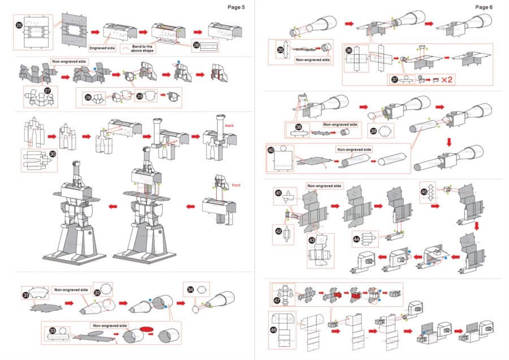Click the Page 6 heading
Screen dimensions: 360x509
click(x=484, y=7)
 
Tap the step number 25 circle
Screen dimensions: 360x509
click(x=19, y=25)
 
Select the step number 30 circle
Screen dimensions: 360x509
click(x=53, y=153)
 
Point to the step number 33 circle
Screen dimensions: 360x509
click(x=53, y=330)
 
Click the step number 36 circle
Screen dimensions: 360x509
click(x=349, y=50)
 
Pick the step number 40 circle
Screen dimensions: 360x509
click(x=271, y=151)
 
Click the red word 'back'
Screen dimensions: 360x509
click(x=229, y=125)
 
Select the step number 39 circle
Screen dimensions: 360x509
click(x=373, y=130)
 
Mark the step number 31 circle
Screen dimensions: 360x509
click(x=26, y=295)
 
